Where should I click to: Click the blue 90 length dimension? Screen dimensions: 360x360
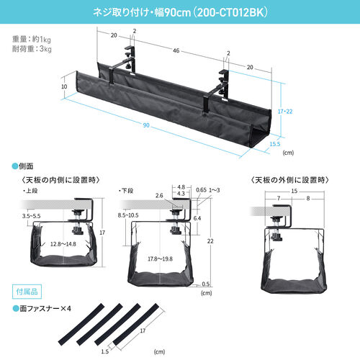click(x=147, y=127)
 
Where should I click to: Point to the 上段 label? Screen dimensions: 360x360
click(x=30, y=192)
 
